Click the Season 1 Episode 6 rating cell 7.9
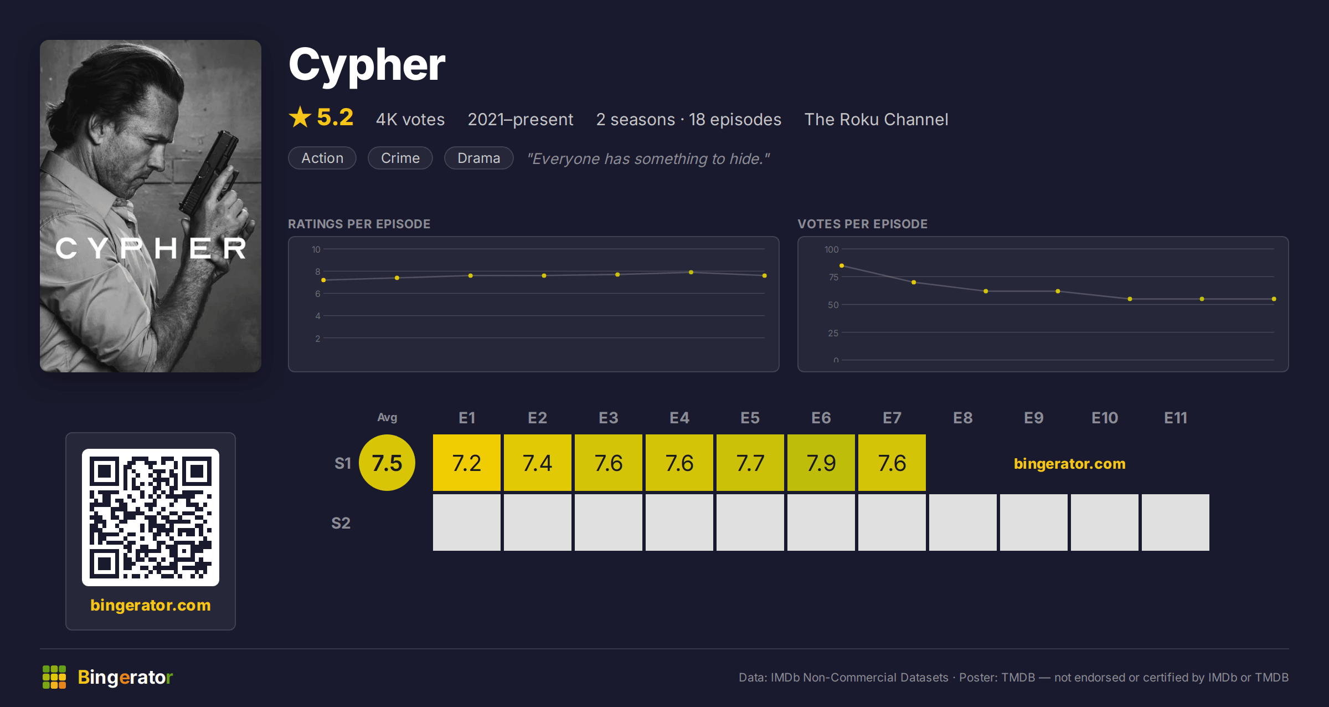click(821, 463)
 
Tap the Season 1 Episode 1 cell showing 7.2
click(466, 463)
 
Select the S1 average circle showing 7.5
click(387, 463)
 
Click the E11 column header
click(1175, 418)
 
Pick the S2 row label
click(341, 523)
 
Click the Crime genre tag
click(400, 158)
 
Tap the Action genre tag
click(322, 158)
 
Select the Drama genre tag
click(478, 158)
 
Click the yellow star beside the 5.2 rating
click(300, 117)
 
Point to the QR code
click(151, 518)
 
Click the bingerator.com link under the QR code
click(151, 605)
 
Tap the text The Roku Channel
click(876, 119)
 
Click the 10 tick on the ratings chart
click(316, 249)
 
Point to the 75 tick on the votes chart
click(833, 277)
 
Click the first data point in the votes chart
click(842, 266)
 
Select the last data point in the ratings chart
click(765, 275)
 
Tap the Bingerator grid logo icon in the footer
click(54, 677)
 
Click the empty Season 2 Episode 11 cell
click(1175, 522)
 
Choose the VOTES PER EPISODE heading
click(862, 224)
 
